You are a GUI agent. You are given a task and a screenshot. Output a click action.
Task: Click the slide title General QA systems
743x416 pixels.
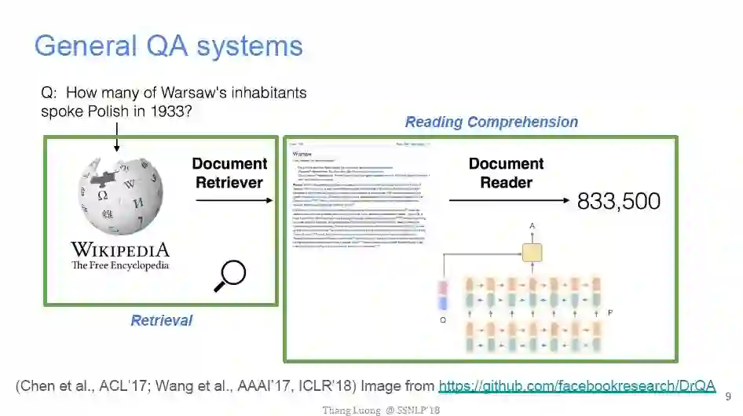pos(168,46)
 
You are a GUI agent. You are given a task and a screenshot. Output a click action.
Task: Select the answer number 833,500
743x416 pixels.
pos(619,202)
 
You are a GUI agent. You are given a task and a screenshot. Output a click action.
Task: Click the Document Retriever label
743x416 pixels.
pos(229,173)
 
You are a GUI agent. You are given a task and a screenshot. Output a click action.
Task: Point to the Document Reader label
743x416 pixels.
pos(506,173)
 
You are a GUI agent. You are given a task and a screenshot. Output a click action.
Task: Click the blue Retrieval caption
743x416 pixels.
pos(161,320)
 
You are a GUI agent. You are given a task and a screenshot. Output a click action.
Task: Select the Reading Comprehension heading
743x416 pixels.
pos(491,122)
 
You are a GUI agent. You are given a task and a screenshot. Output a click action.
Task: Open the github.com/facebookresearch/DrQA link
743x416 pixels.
pos(576,385)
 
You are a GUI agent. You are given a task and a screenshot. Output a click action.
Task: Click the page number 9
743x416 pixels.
pos(728,396)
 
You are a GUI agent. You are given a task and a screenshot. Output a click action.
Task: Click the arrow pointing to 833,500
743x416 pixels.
pos(508,201)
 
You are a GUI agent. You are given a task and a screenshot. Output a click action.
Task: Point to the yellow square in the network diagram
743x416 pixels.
pos(532,253)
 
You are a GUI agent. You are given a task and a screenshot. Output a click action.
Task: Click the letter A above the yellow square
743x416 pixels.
pos(532,226)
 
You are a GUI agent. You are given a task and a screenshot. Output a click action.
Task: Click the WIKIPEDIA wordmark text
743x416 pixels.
pos(120,250)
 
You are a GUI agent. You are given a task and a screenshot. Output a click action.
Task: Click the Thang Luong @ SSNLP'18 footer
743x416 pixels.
pos(381,410)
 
